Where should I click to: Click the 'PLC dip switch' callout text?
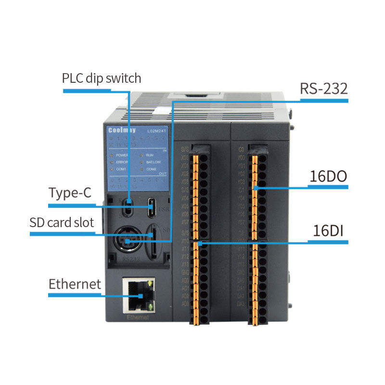(x=102, y=78)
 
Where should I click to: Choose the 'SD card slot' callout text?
(x=62, y=223)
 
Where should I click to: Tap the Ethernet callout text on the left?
(x=75, y=283)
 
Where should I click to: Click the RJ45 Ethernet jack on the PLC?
(x=139, y=295)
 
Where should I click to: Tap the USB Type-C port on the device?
(x=152, y=207)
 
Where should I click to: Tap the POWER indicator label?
(x=122, y=155)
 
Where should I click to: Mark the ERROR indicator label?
(x=122, y=163)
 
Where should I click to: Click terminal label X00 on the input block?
(x=185, y=157)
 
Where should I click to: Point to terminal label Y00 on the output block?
(x=242, y=157)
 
